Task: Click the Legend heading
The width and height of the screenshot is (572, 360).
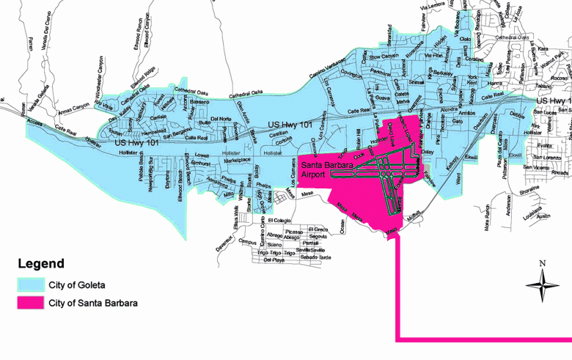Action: tap(41, 264)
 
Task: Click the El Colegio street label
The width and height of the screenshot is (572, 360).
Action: tap(279, 220)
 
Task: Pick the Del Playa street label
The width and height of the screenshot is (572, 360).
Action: tap(274, 260)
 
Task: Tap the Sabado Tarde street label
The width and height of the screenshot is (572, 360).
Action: tap(316, 258)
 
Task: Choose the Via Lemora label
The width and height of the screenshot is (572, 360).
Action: tap(433, 7)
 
